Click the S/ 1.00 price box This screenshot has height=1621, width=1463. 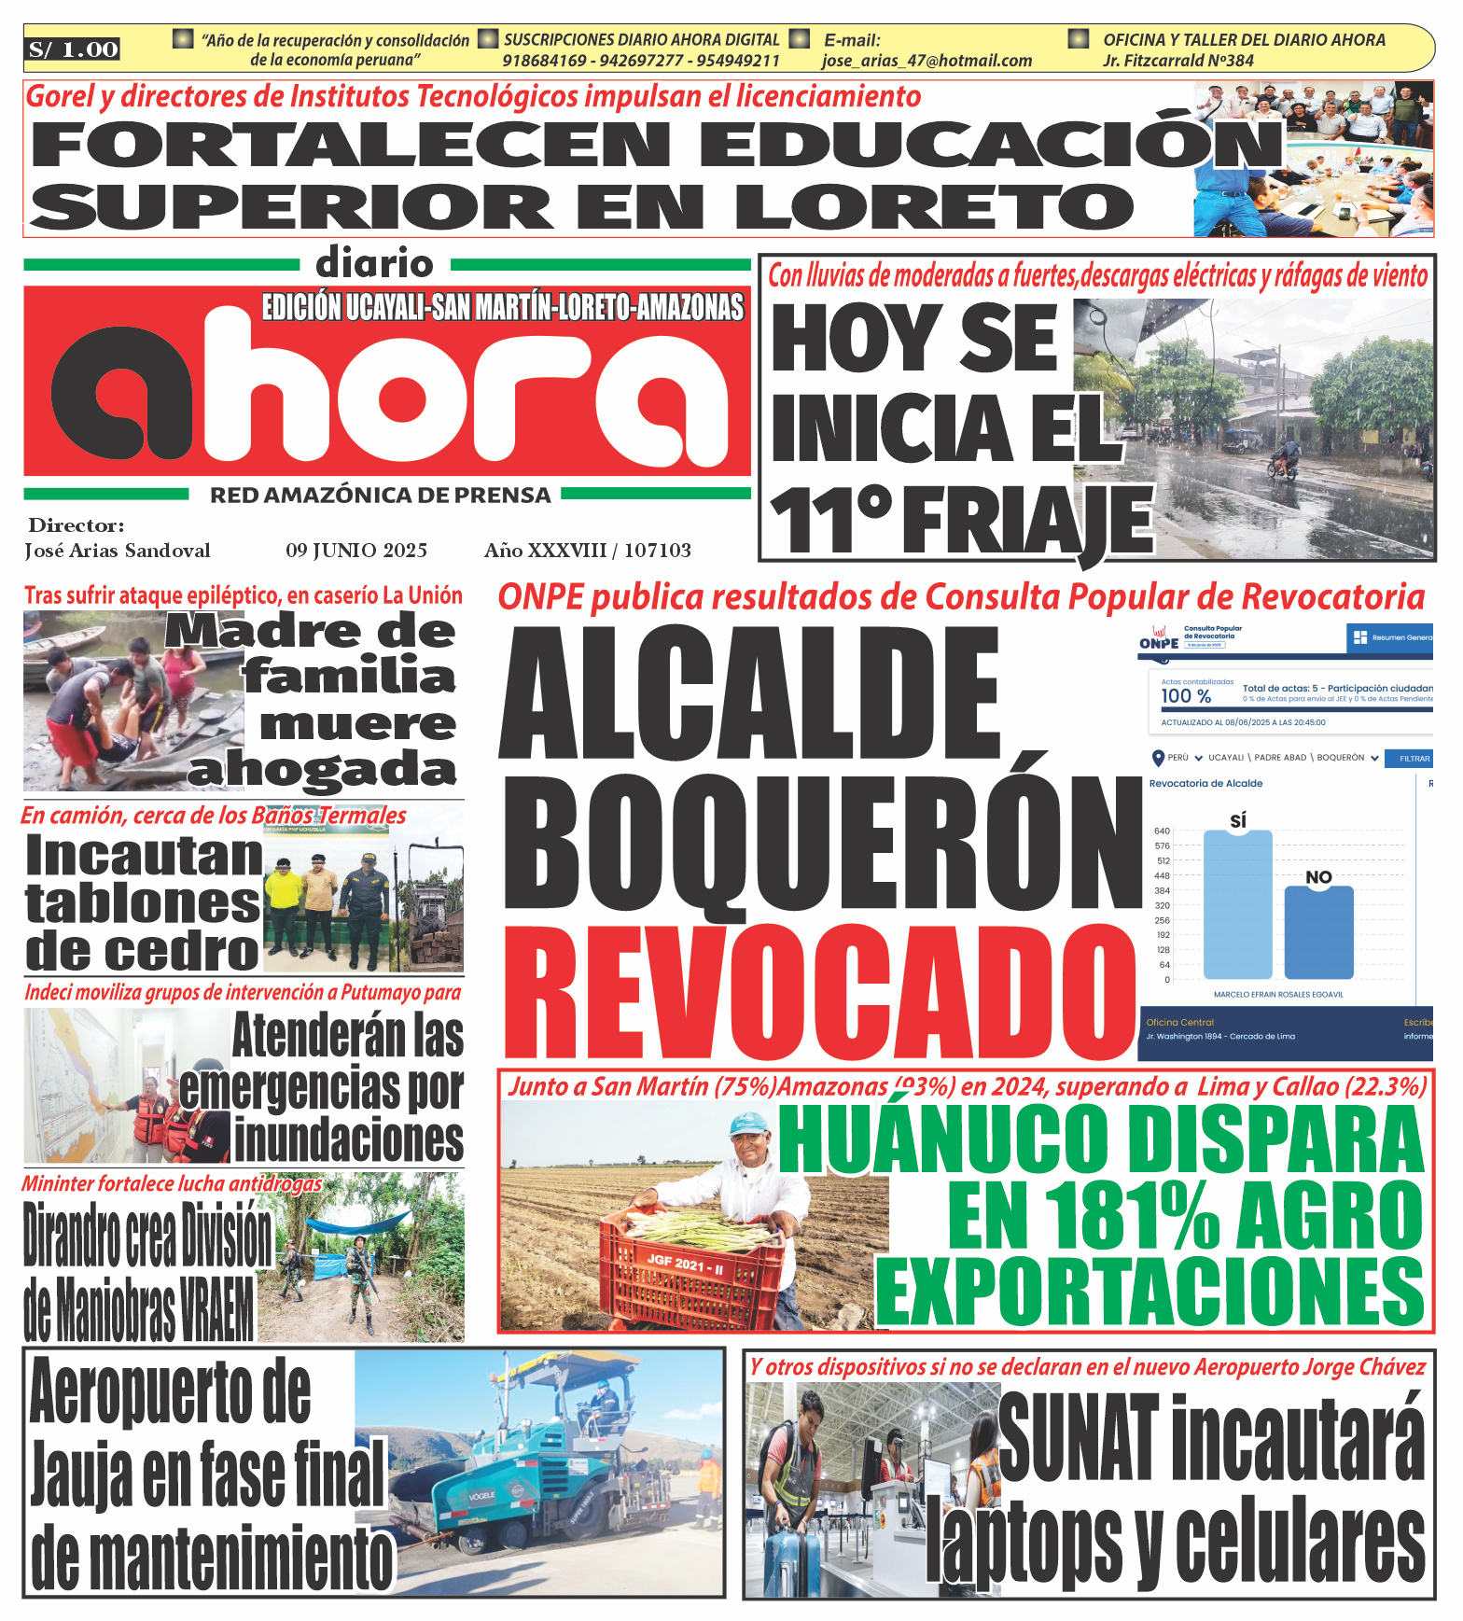coord(73,49)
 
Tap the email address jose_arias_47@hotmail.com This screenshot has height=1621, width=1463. coord(927,61)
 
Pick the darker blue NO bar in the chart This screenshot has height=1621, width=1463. coord(1318,933)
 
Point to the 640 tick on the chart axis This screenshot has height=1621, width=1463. coord(1162,831)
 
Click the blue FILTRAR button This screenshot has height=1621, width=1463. coord(1414,759)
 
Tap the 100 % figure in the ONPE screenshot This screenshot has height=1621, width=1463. coord(1186,696)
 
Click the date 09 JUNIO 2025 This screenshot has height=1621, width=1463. coord(356,551)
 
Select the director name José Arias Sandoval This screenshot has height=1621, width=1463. coord(118,551)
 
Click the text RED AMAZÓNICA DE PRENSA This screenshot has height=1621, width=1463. coord(380,496)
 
